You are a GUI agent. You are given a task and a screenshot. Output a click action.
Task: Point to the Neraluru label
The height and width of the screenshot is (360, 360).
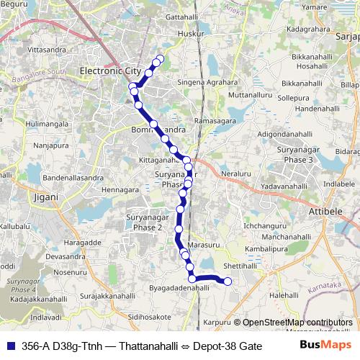coord(236,175)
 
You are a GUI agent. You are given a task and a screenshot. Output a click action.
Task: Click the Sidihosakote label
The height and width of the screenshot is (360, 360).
coord(149,316)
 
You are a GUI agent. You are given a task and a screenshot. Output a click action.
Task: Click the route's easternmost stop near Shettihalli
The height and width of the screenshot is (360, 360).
coord(228,282)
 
